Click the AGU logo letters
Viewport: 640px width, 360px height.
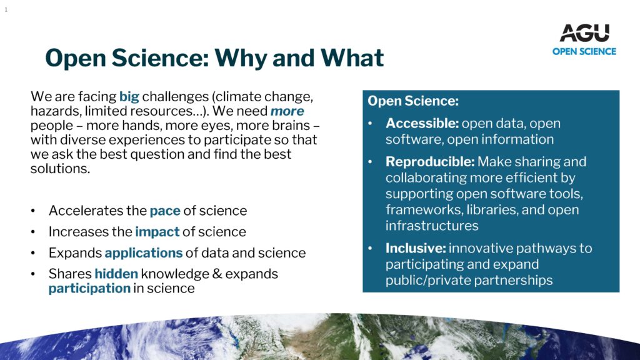click(584, 32)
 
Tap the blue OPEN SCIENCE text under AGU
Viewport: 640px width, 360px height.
click(584, 51)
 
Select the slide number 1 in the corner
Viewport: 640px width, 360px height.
click(6, 10)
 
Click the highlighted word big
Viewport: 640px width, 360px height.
click(129, 97)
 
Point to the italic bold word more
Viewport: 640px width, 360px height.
click(287, 111)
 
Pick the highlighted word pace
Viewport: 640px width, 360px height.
click(165, 211)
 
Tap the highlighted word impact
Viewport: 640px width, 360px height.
click(157, 232)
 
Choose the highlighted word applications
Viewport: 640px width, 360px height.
click(144, 253)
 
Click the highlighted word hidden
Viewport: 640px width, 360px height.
click(116, 274)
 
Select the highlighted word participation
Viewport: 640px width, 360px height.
click(89, 289)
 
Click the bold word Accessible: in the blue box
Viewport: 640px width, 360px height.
click(422, 123)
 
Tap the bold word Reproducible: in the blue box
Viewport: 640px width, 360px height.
click(430, 162)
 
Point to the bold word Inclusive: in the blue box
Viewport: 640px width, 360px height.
click(416, 248)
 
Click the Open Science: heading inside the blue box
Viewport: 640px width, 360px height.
click(413, 101)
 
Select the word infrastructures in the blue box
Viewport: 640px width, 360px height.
click(432, 226)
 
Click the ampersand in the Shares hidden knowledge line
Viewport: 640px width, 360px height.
click(217, 274)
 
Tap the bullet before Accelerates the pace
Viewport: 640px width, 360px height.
click(33, 211)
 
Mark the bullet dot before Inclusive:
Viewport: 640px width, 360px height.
click(370, 248)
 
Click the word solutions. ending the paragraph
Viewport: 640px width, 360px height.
click(60, 169)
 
